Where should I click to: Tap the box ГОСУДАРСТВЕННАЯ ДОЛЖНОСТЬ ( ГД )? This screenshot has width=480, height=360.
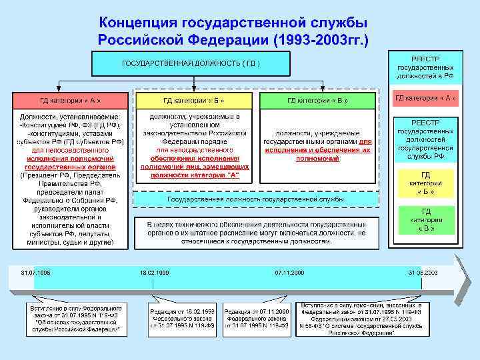click(191, 64)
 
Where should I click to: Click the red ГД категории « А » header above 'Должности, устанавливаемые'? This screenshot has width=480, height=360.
click(69, 100)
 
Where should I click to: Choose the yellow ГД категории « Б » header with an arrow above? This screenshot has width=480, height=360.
click(194, 100)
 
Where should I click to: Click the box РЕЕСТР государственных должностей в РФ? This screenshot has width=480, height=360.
click(425, 67)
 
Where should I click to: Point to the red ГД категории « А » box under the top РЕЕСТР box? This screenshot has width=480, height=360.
click(425, 99)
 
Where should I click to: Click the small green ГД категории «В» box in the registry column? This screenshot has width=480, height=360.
click(425, 219)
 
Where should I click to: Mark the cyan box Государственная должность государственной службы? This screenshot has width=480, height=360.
click(255, 199)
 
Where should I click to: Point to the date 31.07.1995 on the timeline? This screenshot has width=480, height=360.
click(35, 273)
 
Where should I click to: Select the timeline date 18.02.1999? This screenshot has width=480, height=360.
click(154, 273)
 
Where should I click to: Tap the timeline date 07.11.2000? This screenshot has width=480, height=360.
click(289, 273)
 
